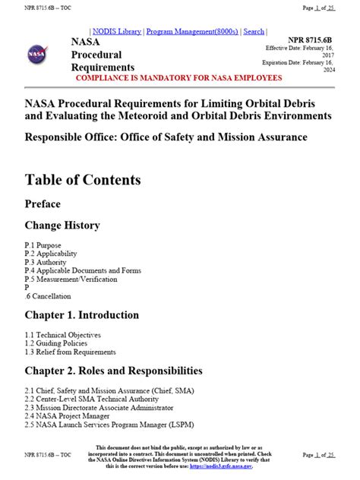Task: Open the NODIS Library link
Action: [117, 31]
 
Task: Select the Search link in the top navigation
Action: [254, 31]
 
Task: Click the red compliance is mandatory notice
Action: [178, 77]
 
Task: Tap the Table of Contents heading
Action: [83, 180]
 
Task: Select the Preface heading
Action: [43, 204]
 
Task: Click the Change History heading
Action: [62, 226]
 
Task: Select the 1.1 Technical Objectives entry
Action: [62, 335]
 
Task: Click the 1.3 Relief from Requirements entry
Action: [70, 352]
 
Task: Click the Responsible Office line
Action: [166, 137]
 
